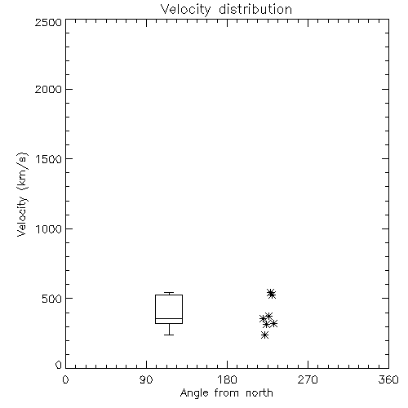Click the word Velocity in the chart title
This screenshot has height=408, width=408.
click(185, 10)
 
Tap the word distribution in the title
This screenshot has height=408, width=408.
click(255, 9)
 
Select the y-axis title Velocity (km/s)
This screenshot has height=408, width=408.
click(22, 194)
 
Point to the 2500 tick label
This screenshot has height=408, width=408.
click(48, 22)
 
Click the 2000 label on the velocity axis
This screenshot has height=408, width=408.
click(48, 89)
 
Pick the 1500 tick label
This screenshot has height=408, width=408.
click(49, 158)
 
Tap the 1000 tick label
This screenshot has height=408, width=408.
click(49, 228)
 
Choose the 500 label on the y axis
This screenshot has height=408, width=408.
click(52, 299)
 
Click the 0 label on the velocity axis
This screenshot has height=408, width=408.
click(59, 365)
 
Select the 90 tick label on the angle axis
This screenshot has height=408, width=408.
click(146, 379)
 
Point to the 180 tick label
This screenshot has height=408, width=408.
click(227, 379)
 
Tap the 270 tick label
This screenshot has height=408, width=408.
click(308, 379)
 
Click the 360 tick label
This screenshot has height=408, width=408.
click(388, 379)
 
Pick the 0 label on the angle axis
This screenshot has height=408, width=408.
click(65, 379)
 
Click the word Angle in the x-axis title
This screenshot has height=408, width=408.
click(194, 393)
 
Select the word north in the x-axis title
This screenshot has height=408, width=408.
click(259, 392)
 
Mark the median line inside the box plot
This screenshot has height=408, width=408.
click(169, 318)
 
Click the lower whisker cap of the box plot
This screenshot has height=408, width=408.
click(169, 335)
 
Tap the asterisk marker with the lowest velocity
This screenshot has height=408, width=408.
click(264, 335)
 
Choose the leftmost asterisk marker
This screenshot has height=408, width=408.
click(263, 318)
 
